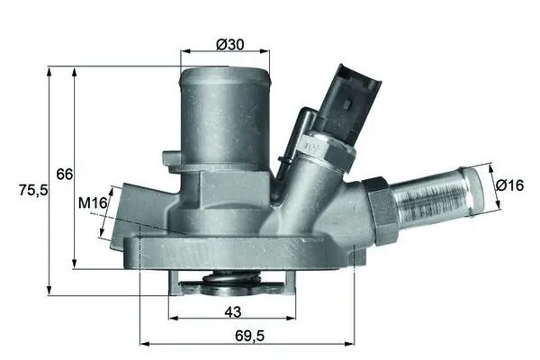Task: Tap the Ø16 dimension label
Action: pos(510,184)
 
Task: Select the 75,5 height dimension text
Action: pos(32,190)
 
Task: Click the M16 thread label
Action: pos(93,204)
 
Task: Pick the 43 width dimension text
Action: pos(232,310)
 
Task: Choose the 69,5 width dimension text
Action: pos(247,335)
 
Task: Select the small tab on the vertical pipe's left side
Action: pos(172,160)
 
